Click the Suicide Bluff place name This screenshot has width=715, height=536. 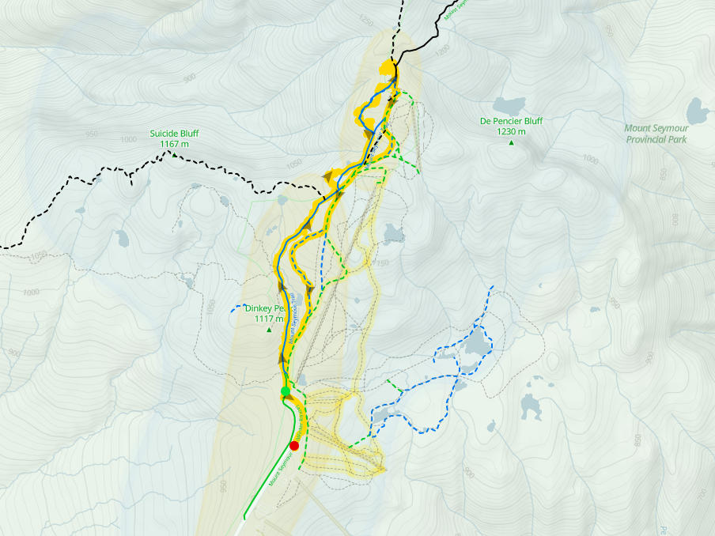(x=175, y=134)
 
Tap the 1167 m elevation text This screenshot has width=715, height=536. (x=175, y=144)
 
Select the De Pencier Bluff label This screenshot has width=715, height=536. (x=511, y=121)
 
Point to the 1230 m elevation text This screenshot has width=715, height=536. (x=511, y=132)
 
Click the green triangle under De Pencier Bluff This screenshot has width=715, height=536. (x=511, y=143)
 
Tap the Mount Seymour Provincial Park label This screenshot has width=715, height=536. (x=656, y=134)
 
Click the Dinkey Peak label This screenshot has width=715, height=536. (x=264, y=308)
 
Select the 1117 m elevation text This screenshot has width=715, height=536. (x=269, y=319)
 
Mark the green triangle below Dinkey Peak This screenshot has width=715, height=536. (x=269, y=329)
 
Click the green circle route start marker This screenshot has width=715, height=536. (x=286, y=391)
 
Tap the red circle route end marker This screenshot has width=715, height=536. (x=294, y=445)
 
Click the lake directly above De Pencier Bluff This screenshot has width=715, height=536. (x=508, y=104)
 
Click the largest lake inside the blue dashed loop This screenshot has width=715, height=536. (x=476, y=343)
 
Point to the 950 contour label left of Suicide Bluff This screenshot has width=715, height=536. (x=92, y=134)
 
